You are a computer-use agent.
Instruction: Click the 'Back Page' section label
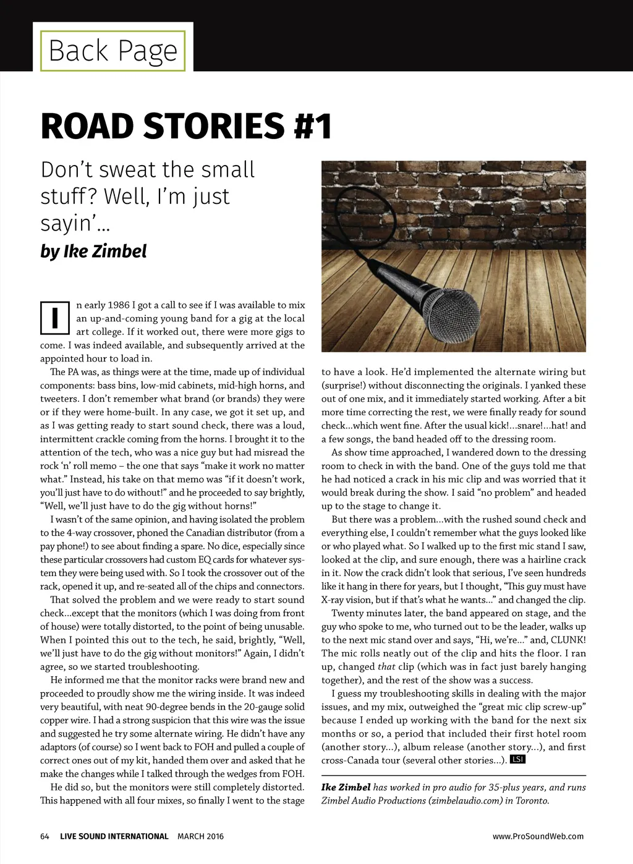pos(113,51)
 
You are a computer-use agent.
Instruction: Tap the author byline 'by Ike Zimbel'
pos(93,252)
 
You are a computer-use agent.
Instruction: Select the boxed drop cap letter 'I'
pos(55,318)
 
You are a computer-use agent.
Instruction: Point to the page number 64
pos(45,836)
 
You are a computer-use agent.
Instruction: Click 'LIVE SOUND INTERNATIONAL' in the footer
pos(114,836)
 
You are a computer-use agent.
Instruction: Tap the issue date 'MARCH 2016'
pos(200,836)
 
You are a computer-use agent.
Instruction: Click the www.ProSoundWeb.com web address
pos(538,836)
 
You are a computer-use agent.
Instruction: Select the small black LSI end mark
pos(517,760)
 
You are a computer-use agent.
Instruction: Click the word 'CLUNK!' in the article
pos(568,640)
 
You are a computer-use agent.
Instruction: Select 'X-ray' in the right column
pos(336,600)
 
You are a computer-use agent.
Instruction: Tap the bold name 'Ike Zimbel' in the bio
pos(346,787)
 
